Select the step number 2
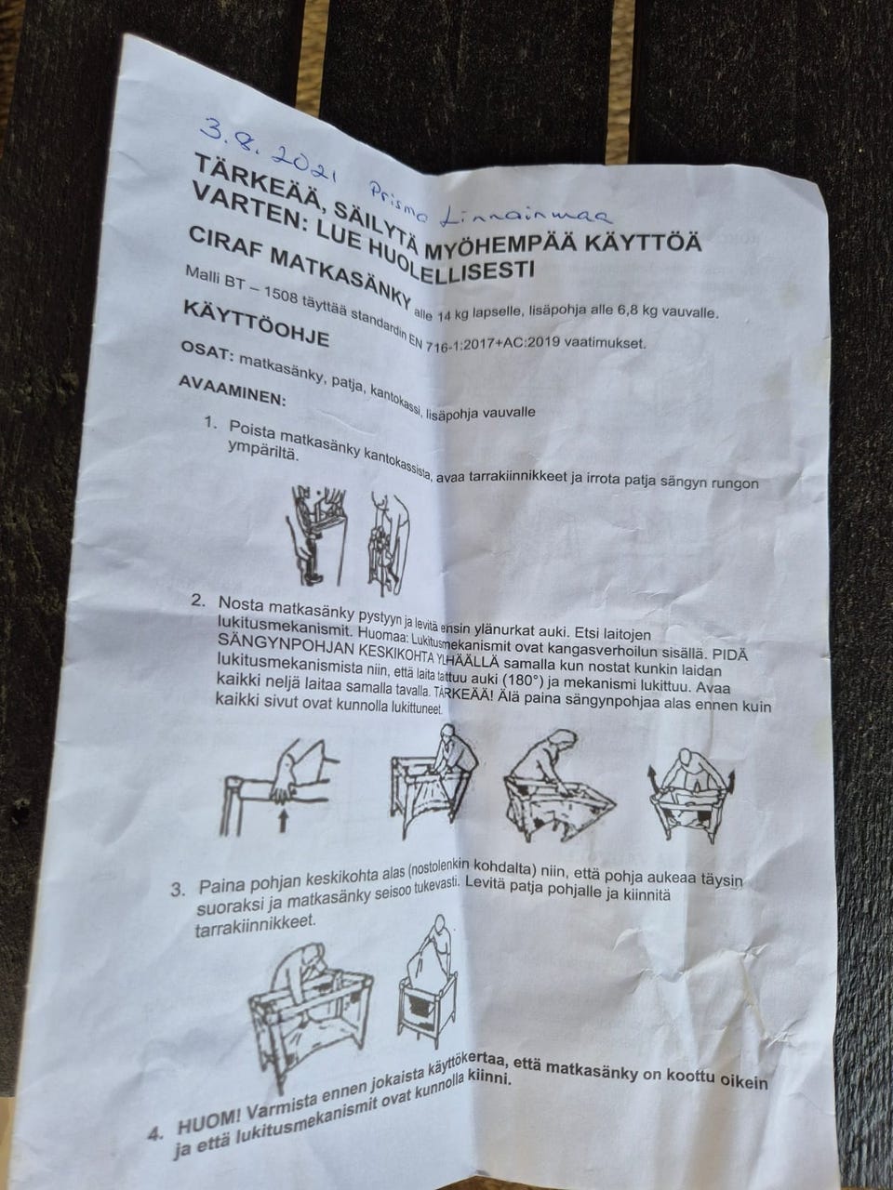(x=197, y=601)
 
